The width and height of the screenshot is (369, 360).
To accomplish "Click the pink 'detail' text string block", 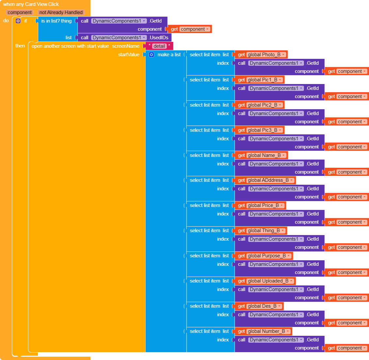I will coord(159,46).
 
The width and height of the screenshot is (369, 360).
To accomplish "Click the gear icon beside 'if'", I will coord(18,21).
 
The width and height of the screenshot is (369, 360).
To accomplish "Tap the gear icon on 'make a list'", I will coord(151,55).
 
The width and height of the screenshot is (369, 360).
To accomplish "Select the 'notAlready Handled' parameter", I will coord(61,12).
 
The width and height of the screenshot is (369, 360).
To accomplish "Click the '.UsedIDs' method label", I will coord(159,38).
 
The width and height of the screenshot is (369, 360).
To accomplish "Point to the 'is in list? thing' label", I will coord(56,21).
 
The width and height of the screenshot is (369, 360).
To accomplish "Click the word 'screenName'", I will coord(126,46).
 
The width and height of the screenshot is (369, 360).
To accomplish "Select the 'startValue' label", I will coord(129,55).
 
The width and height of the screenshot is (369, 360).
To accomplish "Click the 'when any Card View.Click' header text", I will coord(31,4).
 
